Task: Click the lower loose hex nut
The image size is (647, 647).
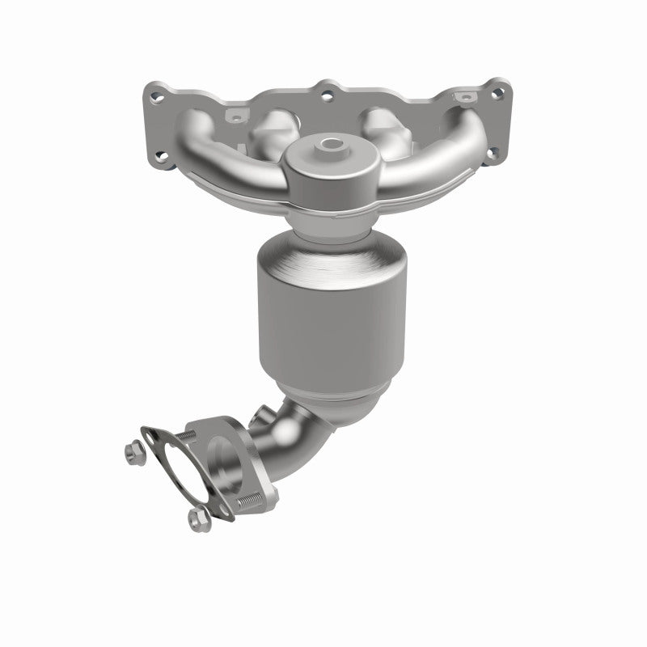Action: coord(194,518)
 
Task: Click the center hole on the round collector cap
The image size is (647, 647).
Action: coord(331,146)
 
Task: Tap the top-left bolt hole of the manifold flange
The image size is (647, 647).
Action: coord(157,97)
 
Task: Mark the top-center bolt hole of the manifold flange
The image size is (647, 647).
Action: coord(328,95)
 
